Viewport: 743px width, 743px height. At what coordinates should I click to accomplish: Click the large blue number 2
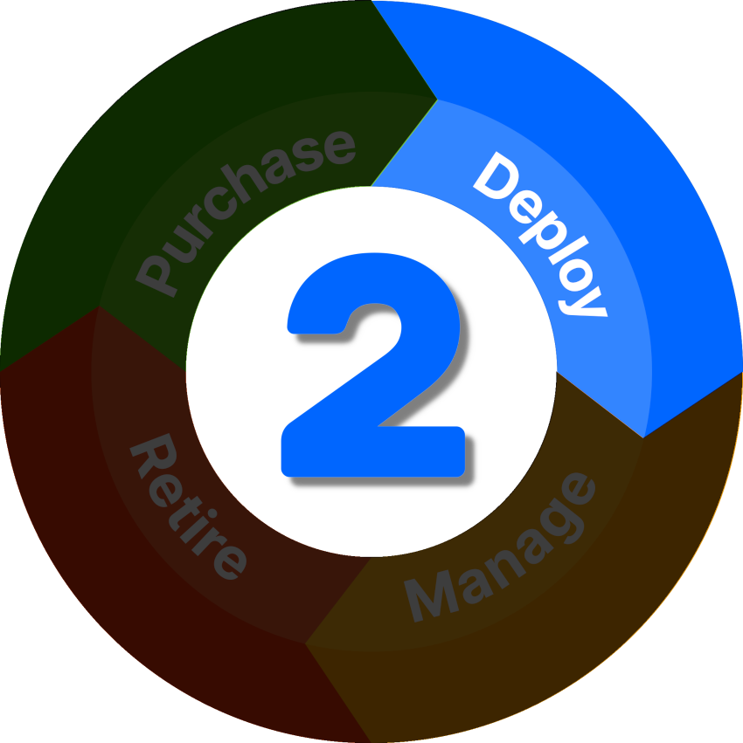click(x=372, y=367)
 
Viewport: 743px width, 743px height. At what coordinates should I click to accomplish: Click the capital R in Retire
click(x=149, y=455)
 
